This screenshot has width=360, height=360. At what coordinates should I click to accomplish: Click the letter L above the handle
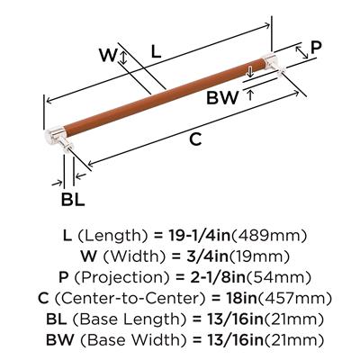(156, 51)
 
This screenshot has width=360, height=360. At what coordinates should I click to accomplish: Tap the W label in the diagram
(108, 55)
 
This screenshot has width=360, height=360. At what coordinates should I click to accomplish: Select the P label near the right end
(316, 48)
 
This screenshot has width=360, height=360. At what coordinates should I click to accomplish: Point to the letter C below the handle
(195, 139)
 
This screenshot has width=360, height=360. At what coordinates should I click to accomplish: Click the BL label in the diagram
(73, 199)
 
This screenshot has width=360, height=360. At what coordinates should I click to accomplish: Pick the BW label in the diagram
(222, 98)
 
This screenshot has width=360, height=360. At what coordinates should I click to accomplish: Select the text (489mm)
(269, 236)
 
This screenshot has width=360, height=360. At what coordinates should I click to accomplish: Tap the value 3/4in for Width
(208, 256)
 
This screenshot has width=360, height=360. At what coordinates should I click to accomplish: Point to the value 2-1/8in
(218, 277)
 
